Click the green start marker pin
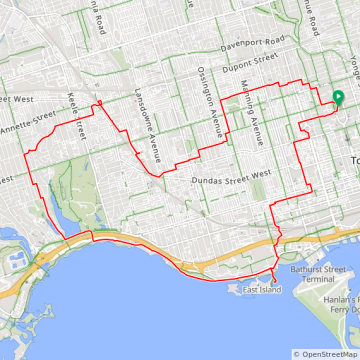point(337,99)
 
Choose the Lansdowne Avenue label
point(146,112)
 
